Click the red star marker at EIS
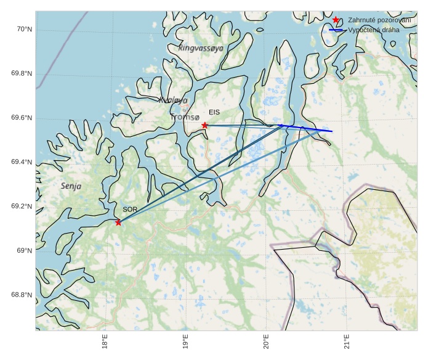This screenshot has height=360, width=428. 205,125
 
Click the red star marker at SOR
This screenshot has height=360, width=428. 118,223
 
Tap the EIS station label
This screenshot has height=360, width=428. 214,112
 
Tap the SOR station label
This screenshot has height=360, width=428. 130,210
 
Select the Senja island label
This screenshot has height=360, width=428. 71,186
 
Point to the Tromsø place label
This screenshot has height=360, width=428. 185,117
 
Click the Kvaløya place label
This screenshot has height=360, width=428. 173,100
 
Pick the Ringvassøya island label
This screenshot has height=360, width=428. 201,47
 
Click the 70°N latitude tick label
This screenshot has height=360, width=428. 24,30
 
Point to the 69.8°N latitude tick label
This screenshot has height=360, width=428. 22,74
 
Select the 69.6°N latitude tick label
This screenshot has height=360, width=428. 22,118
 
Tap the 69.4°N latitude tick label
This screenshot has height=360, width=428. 22,162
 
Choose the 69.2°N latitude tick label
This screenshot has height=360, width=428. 22,207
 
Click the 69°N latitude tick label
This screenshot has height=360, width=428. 24,251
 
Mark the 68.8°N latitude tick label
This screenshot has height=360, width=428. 22,295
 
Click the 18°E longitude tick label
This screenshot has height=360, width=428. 105,342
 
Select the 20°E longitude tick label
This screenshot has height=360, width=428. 266,342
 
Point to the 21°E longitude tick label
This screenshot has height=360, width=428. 347,342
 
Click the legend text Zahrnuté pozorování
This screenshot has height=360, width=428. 379,20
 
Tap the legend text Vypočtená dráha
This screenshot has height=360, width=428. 374,30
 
